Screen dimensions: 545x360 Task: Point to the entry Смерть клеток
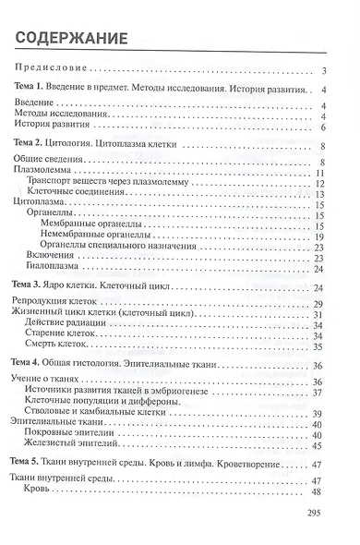pos(64,347)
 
